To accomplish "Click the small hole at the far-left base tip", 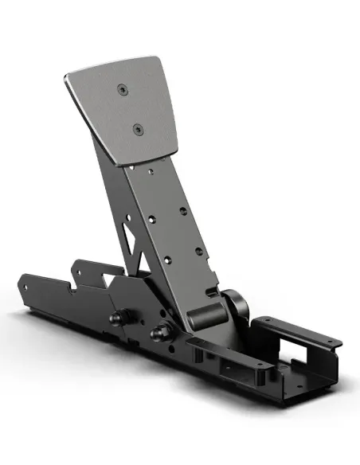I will point(27,279).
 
